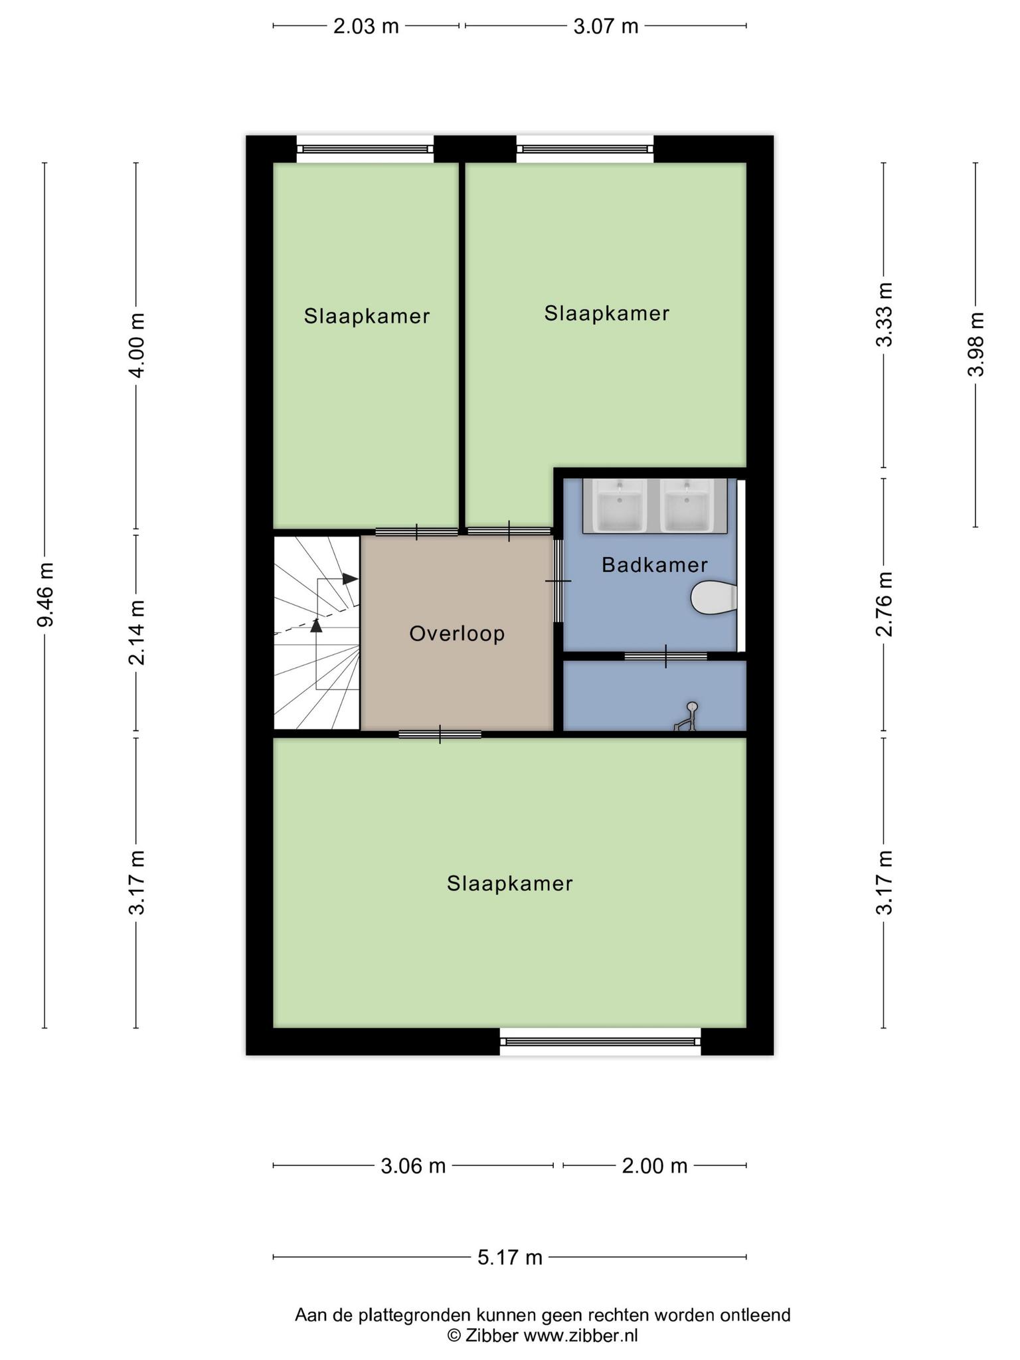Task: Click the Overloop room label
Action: coord(457,634)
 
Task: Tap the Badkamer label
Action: coord(654,565)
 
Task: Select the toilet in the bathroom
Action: coord(713,598)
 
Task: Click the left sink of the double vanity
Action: coord(620,507)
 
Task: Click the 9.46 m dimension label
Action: coord(46,594)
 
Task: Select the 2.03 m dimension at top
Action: coord(366,27)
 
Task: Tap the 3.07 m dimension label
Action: coord(606,27)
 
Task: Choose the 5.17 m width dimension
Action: coord(510,1257)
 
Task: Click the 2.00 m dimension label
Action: coord(654,1165)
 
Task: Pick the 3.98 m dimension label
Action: coord(976,344)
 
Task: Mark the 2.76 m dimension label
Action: coord(884,604)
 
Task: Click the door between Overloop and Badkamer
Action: coord(558,581)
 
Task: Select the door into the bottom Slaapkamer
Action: coord(440,734)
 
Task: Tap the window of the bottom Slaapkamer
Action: coord(600,1041)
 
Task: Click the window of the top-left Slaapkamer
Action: coord(365,149)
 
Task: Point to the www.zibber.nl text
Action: coord(581,1335)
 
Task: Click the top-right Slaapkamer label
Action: coord(606,313)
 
